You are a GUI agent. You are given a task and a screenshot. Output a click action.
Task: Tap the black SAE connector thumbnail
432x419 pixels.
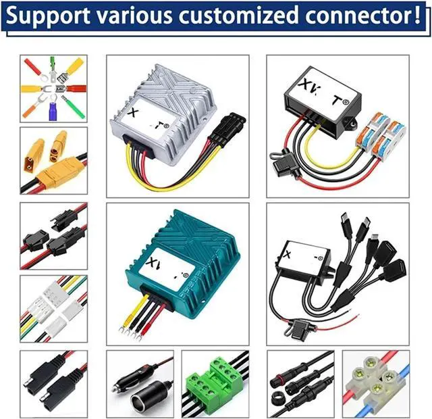tap(53, 382)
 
